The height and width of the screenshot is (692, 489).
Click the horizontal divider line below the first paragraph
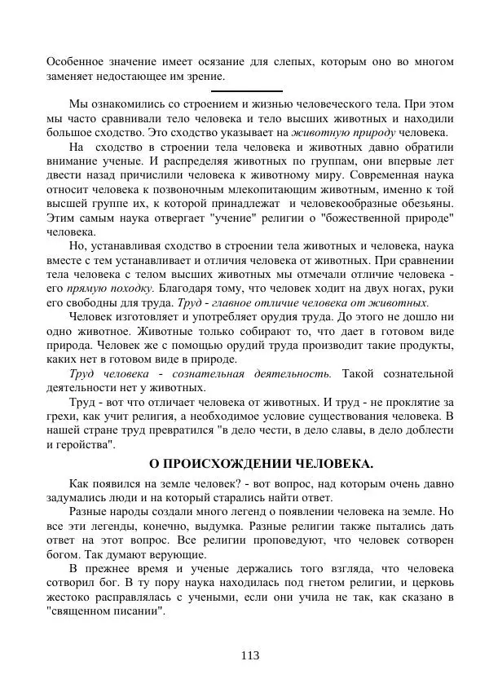coord(246,90)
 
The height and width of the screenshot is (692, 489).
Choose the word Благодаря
coord(185,289)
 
